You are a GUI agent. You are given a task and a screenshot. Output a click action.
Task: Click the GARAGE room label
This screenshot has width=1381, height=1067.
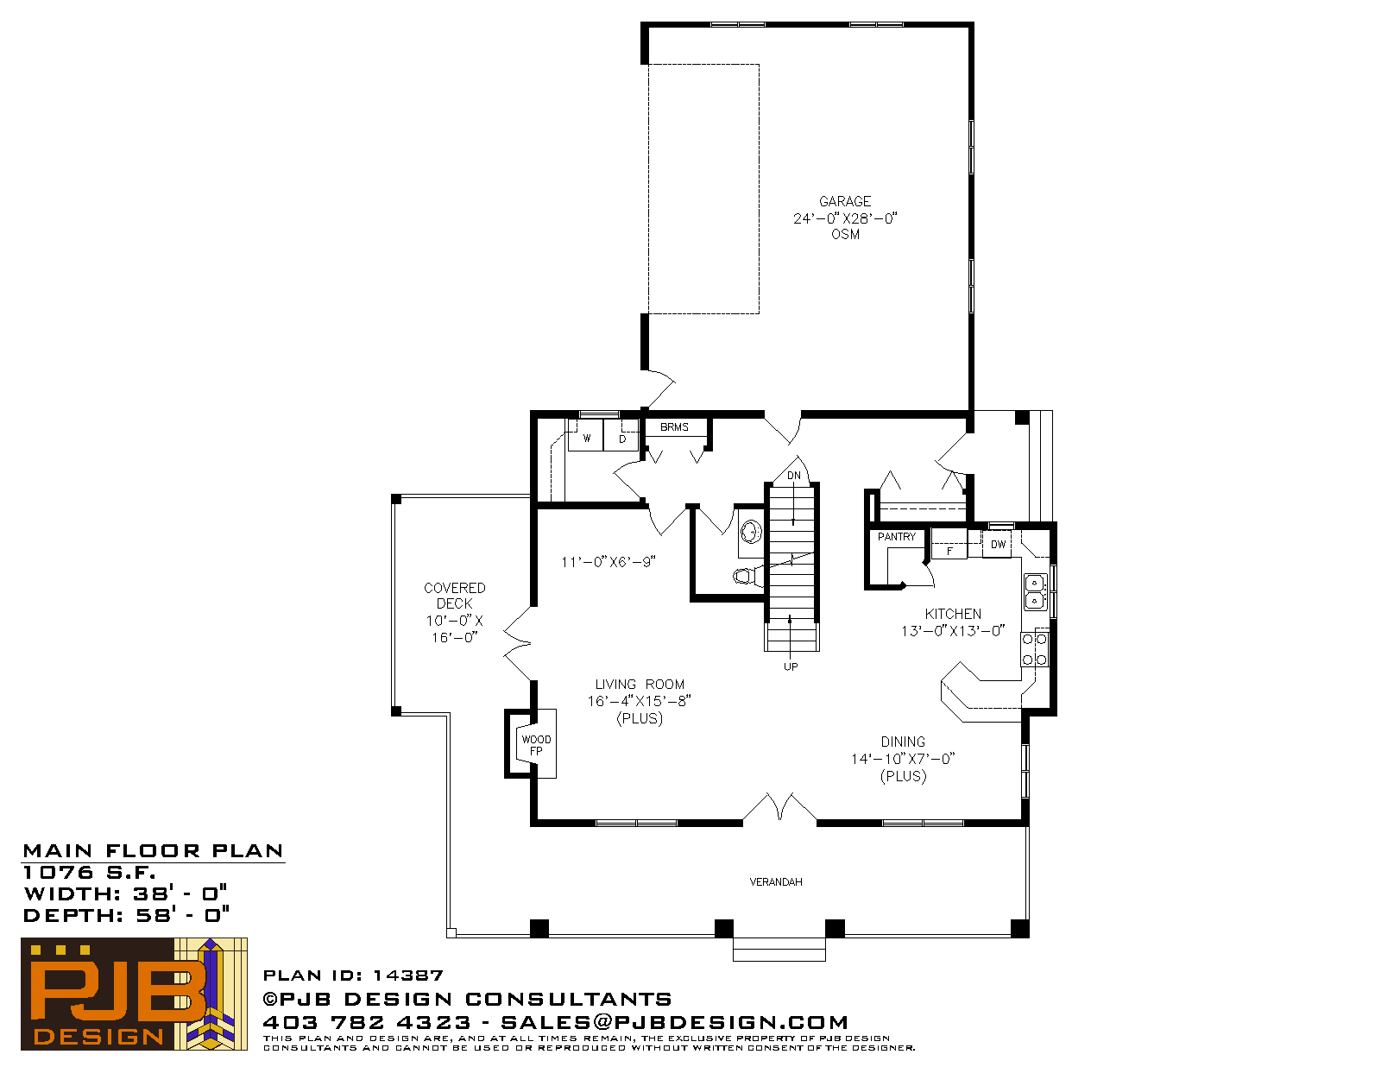coord(845,201)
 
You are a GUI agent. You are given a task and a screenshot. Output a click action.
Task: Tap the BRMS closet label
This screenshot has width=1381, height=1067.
coord(674,427)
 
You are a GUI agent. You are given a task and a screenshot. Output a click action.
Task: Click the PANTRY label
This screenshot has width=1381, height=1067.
coord(897,537)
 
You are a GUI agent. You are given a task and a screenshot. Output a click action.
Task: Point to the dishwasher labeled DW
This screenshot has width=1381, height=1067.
coord(997,544)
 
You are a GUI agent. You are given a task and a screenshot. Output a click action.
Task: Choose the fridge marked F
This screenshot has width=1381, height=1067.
coord(949,544)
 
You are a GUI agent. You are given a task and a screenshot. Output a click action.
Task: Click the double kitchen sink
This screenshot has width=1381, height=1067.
coord(1035,591)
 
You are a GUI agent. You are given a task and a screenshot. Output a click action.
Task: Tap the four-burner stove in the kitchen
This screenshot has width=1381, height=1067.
coord(1035,649)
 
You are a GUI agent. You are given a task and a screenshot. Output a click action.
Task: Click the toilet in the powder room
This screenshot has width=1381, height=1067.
coord(748,577)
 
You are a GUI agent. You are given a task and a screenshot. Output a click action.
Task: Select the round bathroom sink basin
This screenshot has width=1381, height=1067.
coord(751,532)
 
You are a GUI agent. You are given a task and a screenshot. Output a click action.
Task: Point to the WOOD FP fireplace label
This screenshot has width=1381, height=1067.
coord(536,745)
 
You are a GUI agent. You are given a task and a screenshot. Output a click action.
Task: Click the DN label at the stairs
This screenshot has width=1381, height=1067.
coord(794,476)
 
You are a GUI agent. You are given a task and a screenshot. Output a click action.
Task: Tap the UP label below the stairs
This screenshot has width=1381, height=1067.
coord(791,666)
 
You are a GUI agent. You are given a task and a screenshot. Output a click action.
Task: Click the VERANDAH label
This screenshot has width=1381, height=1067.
coord(776,882)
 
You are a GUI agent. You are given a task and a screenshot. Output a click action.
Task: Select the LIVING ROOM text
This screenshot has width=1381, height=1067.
coord(640,685)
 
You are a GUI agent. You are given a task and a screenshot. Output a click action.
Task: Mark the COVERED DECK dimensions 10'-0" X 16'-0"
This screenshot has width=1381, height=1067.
coord(454,629)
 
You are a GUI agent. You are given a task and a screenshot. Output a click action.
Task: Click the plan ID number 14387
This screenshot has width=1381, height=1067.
coord(408,975)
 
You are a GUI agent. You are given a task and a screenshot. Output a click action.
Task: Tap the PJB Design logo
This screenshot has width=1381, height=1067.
coord(134,994)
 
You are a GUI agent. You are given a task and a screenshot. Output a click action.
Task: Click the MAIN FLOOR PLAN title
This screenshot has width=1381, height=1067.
coord(153,851)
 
